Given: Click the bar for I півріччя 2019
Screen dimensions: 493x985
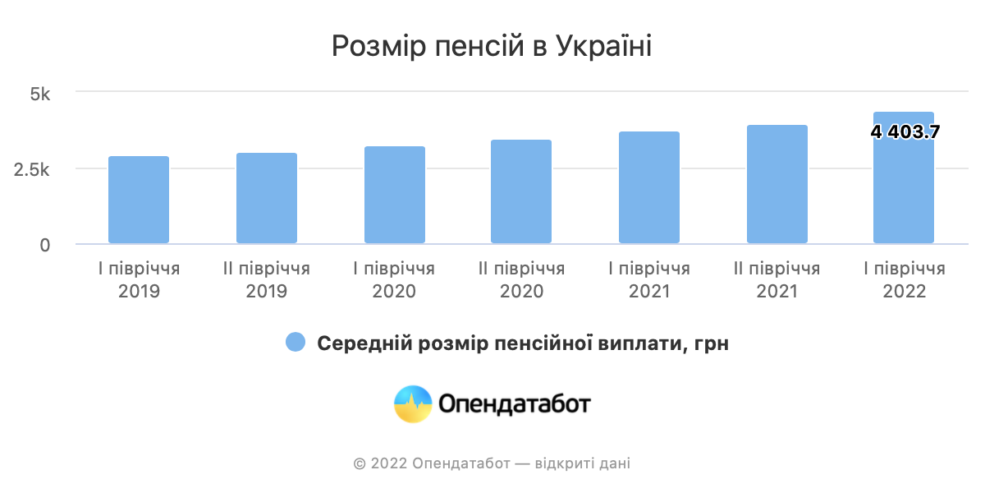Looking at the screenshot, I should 139,200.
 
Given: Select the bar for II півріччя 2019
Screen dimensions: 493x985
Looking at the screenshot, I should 267,198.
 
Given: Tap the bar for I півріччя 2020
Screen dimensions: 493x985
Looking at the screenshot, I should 395,195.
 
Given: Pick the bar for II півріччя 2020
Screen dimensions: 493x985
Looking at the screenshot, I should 521,191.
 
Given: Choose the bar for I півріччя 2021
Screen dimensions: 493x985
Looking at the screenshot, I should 649,187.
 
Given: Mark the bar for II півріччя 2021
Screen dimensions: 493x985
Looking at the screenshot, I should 777,184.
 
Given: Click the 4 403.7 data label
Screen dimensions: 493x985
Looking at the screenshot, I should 905,131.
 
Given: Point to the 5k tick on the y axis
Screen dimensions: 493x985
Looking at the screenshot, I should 40,94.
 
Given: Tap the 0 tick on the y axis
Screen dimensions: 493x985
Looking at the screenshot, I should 45,245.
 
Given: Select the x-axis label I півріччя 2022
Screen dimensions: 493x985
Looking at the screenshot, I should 905,280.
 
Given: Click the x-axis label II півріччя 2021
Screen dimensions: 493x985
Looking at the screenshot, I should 777,280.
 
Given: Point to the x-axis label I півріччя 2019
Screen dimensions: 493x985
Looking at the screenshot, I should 139,280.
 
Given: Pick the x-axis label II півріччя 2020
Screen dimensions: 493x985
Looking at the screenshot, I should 521,280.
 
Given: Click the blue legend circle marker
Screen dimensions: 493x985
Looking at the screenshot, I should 295,343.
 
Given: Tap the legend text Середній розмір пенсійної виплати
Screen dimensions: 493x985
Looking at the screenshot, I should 523,343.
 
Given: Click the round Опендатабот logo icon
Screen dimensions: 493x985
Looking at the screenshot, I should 413,404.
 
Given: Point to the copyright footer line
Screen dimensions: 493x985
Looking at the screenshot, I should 492,463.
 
